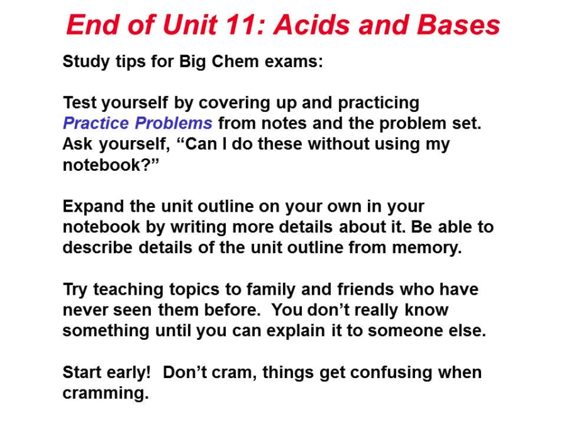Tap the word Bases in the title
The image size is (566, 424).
pos(458,25)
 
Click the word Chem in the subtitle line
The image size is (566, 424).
pos(235,62)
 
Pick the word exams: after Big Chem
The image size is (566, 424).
pos(294,62)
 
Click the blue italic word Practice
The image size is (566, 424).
pos(96,123)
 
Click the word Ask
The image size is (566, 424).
pos(77,144)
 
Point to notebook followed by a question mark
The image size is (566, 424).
pos(111,165)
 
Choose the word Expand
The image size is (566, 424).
pos(94,207)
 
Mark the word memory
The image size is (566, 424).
pos(426,248)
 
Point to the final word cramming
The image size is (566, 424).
pos(106,393)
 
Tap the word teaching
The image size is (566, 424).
pos(128,290)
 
